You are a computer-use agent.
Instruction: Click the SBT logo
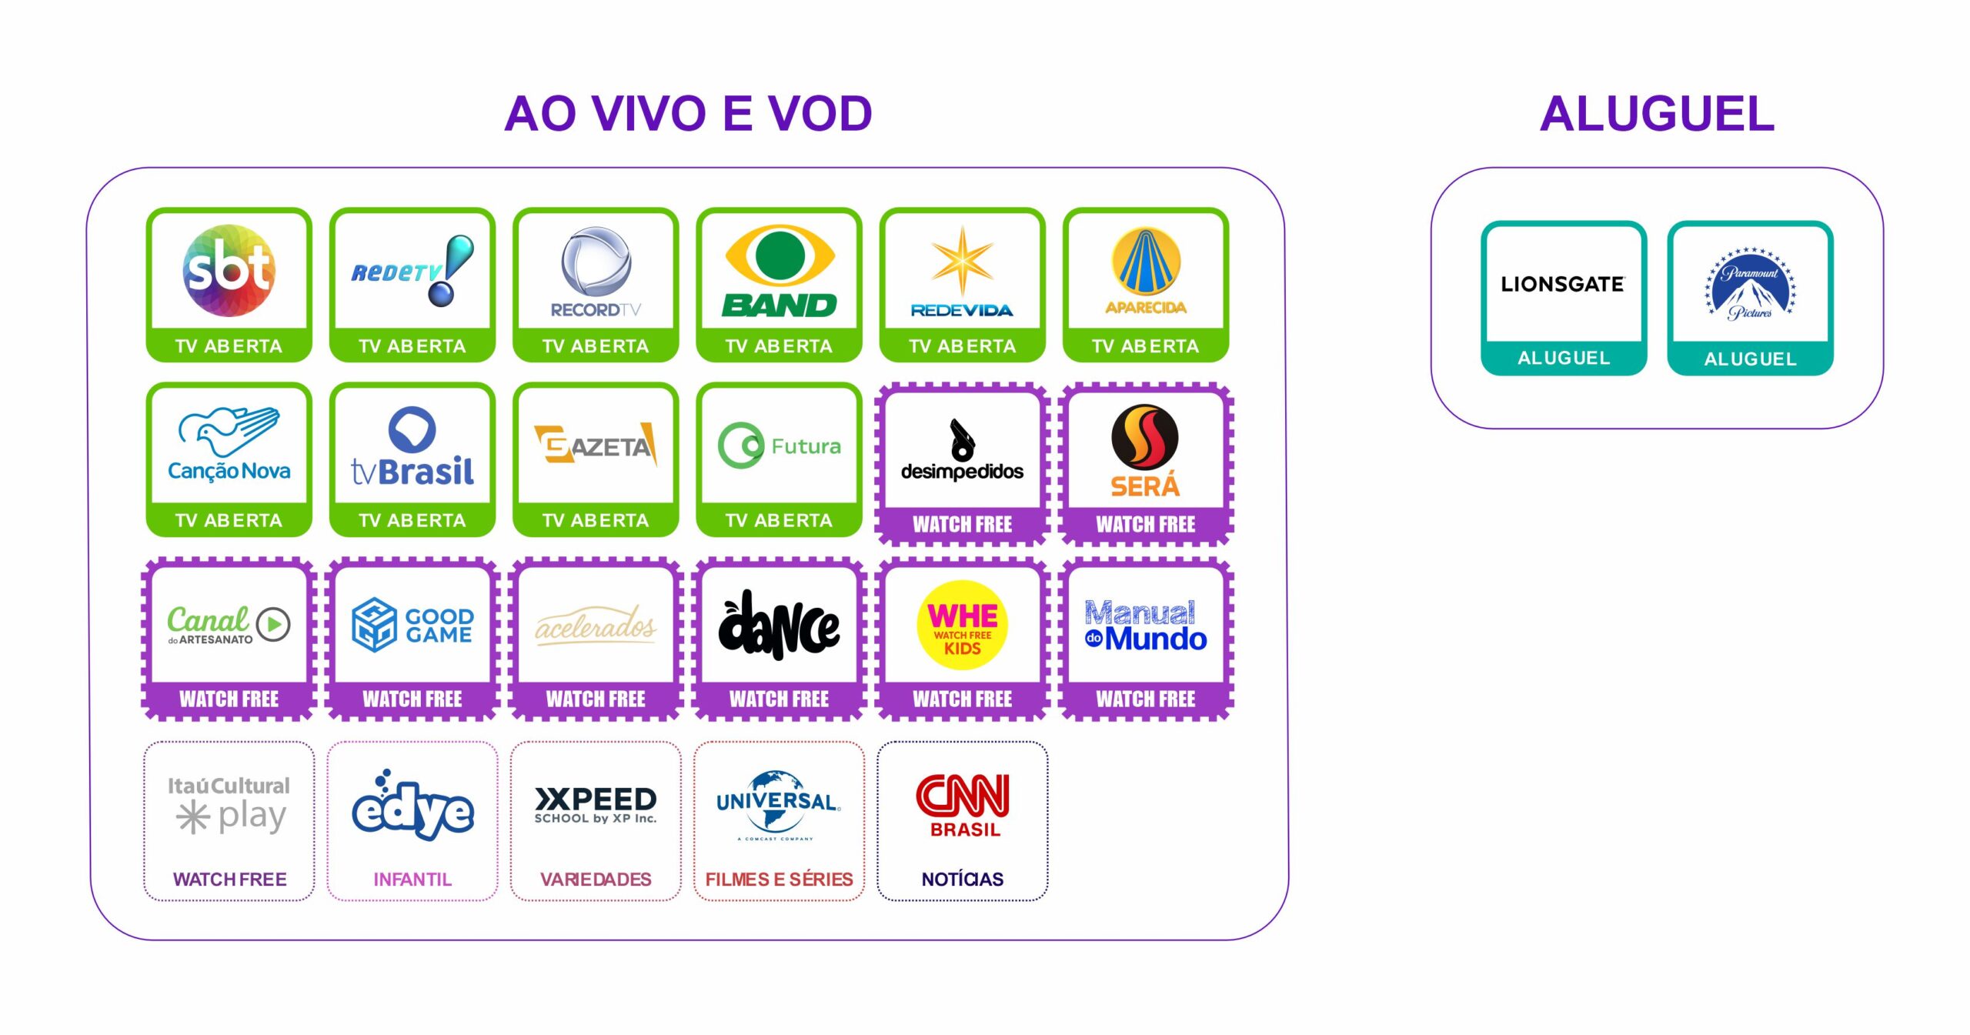[229, 270]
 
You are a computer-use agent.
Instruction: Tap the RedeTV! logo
[412, 271]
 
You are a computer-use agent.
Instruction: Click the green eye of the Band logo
[780, 255]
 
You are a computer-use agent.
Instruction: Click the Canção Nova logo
[229, 445]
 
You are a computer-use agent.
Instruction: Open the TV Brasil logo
[412, 447]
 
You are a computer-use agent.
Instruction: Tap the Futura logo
[780, 446]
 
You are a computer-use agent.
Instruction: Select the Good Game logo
[412, 625]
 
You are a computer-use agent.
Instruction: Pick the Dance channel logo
[780, 625]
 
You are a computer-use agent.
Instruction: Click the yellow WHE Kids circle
[962, 625]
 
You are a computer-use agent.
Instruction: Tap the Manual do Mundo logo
[1146, 625]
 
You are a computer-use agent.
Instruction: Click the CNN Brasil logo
[963, 804]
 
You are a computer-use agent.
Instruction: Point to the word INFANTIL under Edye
[412, 879]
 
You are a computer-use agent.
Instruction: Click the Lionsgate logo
[1563, 284]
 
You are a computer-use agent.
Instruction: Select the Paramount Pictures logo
[1750, 283]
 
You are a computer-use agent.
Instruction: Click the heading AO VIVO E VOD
[688, 114]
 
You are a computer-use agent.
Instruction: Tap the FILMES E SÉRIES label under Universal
[779, 879]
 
